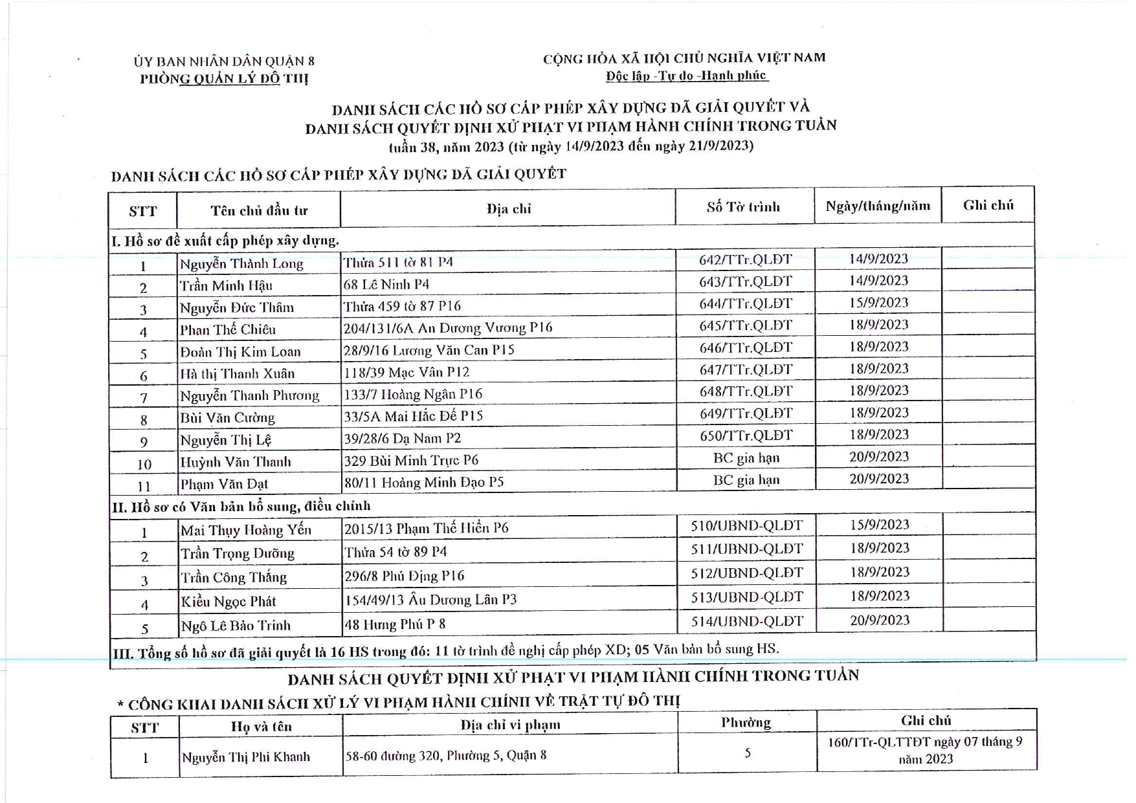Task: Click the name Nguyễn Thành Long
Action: coord(241,264)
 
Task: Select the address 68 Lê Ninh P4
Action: coord(386,285)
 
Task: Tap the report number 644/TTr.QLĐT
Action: coord(745,303)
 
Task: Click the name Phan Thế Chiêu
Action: coord(228,330)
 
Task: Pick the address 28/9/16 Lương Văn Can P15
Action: coord(429,351)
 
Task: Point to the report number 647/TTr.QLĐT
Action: coord(746,369)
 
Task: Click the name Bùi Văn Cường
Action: coord(227,418)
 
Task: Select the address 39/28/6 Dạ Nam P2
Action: coord(403,439)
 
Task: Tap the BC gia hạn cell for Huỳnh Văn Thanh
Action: coord(746,458)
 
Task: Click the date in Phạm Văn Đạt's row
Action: coord(879,479)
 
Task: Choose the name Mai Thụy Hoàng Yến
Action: coord(246,531)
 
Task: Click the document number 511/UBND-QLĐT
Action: coord(746,549)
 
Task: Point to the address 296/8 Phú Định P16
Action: coord(405,576)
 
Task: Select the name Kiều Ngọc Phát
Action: coord(228,602)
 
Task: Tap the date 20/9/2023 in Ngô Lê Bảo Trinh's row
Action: coord(880,621)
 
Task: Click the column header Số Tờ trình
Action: coord(743,207)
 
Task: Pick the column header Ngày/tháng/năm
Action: coord(878,206)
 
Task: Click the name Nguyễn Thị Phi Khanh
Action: coord(246,757)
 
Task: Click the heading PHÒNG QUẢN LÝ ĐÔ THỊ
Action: coord(224,79)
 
